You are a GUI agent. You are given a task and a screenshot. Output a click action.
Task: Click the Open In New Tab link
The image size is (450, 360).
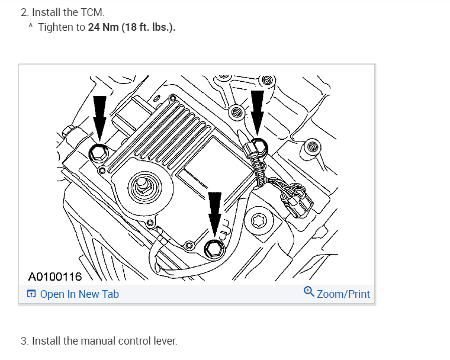(x=79, y=294)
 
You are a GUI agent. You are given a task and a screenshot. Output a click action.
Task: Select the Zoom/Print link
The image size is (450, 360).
(x=343, y=294)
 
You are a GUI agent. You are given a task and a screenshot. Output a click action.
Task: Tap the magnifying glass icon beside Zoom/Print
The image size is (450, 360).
(x=309, y=291)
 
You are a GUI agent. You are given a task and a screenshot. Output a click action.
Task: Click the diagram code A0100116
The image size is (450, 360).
(x=55, y=277)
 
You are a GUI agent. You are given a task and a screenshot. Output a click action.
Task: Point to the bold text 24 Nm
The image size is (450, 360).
(x=103, y=27)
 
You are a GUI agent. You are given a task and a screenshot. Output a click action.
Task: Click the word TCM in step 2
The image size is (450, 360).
(x=92, y=12)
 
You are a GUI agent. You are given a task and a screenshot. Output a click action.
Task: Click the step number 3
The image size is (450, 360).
(x=24, y=341)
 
